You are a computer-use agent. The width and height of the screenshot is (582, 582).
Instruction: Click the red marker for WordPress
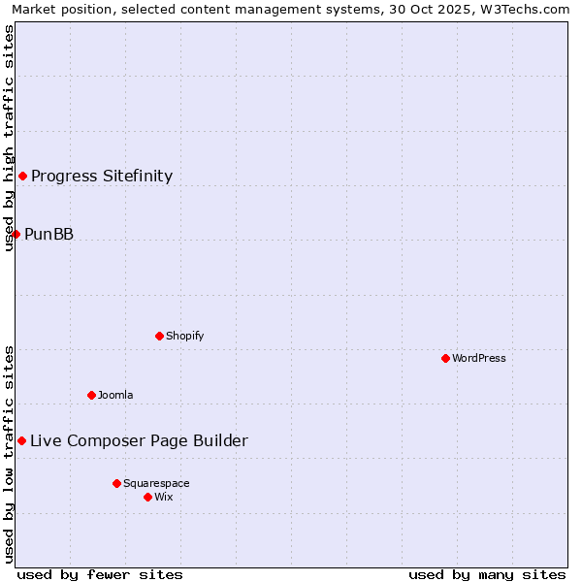(x=445, y=358)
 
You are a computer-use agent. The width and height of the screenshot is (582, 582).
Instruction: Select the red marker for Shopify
(x=159, y=336)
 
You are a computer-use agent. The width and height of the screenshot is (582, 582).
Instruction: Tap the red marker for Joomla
(x=91, y=395)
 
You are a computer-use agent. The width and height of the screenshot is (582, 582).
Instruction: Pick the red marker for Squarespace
(x=116, y=483)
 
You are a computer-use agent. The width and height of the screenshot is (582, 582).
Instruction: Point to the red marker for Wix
(x=147, y=497)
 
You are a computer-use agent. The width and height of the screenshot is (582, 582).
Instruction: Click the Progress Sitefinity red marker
(x=22, y=176)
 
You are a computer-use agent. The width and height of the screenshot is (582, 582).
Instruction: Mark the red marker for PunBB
(x=16, y=234)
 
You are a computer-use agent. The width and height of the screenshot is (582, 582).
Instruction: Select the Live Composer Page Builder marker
(x=21, y=440)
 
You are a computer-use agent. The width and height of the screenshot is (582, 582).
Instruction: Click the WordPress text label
(x=479, y=358)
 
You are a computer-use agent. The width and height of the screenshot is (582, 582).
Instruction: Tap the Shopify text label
(x=184, y=336)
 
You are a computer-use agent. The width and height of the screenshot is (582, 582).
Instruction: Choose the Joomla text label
(x=115, y=395)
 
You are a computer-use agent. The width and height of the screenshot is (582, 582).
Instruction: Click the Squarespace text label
(x=156, y=483)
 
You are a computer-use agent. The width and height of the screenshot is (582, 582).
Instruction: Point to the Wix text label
(x=163, y=497)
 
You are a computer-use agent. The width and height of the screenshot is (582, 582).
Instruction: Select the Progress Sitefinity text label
(x=102, y=176)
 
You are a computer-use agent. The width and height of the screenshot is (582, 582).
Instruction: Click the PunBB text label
(x=48, y=234)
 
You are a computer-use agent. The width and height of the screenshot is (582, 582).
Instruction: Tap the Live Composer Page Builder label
(x=139, y=440)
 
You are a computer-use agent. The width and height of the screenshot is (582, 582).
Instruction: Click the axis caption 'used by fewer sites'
(x=100, y=574)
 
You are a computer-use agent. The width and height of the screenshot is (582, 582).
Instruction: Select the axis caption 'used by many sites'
(x=487, y=574)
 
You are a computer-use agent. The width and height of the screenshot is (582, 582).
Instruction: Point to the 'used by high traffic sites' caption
(x=9, y=138)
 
